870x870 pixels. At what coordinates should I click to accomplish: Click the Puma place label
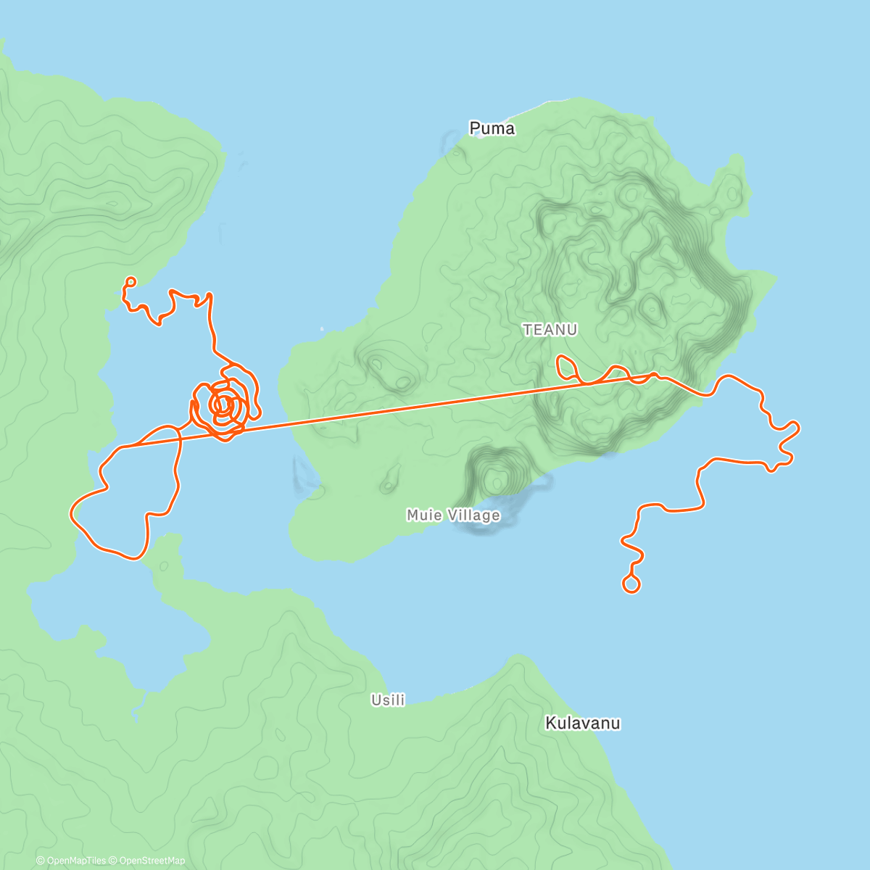tap(492, 128)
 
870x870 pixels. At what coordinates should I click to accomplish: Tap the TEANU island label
tap(550, 330)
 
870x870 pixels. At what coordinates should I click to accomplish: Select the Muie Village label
tap(453, 515)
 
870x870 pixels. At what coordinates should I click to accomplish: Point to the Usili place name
tap(388, 700)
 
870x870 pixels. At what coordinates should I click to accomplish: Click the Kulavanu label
tap(582, 723)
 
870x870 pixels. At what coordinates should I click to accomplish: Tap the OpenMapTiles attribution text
tap(70, 861)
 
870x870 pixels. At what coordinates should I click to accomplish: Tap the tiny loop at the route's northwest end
tap(130, 281)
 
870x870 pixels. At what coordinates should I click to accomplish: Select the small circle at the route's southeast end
tap(631, 584)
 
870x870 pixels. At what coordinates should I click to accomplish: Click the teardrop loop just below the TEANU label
tap(565, 365)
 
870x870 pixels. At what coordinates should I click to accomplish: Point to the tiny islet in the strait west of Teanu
tap(323, 328)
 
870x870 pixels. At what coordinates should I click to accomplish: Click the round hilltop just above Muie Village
tap(496, 478)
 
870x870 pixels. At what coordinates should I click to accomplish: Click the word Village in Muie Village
tap(473, 515)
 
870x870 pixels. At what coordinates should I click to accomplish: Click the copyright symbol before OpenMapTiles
tap(41, 861)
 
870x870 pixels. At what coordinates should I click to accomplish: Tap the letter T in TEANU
tap(527, 330)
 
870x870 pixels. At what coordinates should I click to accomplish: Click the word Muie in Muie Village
tap(424, 515)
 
